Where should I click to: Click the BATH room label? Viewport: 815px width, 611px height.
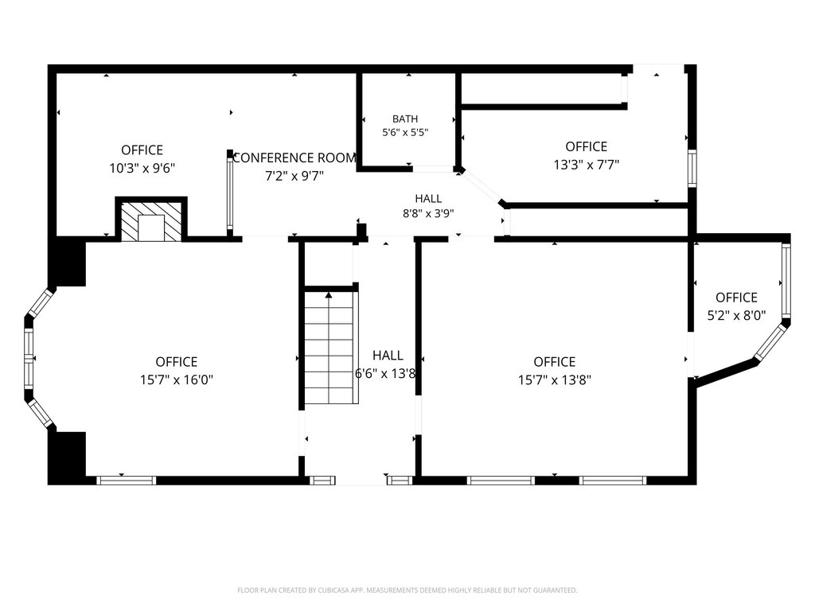tap(405, 119)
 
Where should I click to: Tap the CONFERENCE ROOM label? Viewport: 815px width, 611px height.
tap(294, 158)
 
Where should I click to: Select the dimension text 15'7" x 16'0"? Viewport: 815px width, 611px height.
tap(177, 379)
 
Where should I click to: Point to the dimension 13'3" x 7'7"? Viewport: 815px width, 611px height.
tap(587, 165)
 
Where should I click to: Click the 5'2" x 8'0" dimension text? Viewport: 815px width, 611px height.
tap(736, 315)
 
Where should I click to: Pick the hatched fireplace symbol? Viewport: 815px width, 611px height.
tap(151, 221)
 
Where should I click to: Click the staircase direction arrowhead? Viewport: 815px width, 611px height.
tap(329, 295)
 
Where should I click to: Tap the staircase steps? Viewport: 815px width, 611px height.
tap(330, 347)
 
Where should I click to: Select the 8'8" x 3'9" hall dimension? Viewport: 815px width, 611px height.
tap(428, 213)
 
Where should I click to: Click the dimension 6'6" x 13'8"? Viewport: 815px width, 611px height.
tap(386, 374)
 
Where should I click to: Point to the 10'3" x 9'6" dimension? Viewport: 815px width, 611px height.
tap(142, 169)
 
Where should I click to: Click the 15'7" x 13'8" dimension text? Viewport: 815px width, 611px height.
tap(555, 379)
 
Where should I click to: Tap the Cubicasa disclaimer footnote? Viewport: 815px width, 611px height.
tap(407, 590)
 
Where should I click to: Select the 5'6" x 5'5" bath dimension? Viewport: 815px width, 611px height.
tap(405, 133)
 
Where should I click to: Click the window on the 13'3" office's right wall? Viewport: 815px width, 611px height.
tap(692, 169)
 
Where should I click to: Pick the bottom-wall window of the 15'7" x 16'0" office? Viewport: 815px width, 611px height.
tap(127, 481)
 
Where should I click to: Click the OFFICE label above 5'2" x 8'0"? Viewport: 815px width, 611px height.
tap(736, 298)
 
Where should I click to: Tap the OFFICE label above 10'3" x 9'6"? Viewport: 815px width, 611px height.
tap(142, 150)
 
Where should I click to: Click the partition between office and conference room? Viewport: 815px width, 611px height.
tap(230, 193)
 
